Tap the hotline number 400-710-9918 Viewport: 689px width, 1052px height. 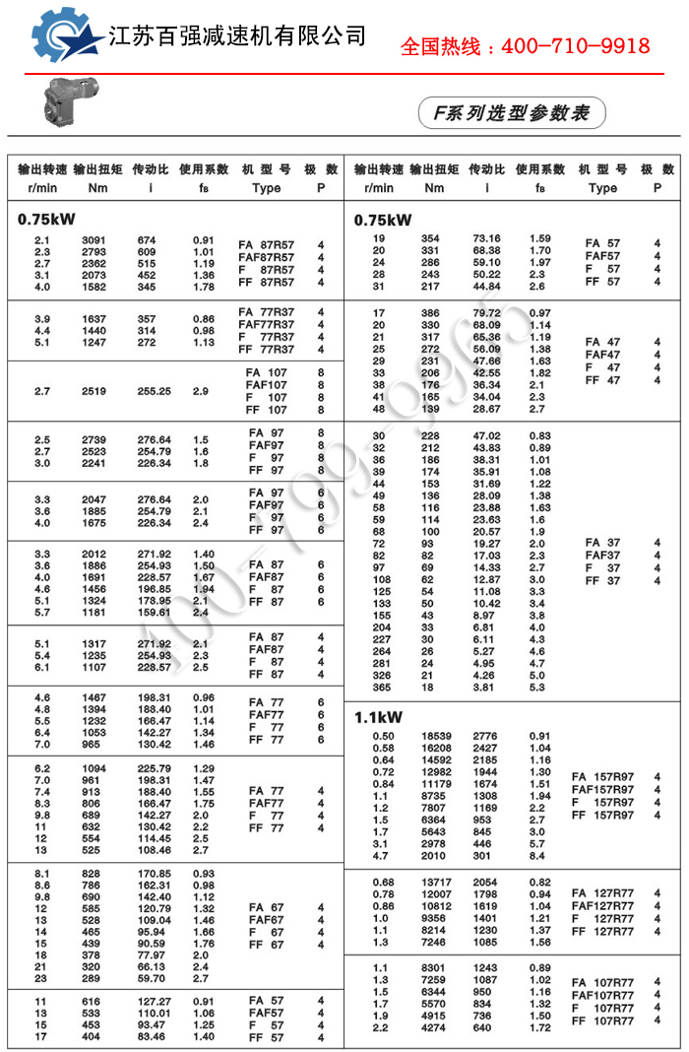(x=526, y=45)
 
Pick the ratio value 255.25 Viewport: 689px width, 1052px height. (x=153, y=391)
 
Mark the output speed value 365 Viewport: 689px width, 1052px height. (x=380, y=688)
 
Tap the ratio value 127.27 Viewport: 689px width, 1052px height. (x=153, y=1001)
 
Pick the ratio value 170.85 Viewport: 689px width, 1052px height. (x=153, y=874)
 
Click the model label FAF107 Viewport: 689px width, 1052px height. (x=266, y=385)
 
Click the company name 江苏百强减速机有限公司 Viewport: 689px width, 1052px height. (x=236, y=36)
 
